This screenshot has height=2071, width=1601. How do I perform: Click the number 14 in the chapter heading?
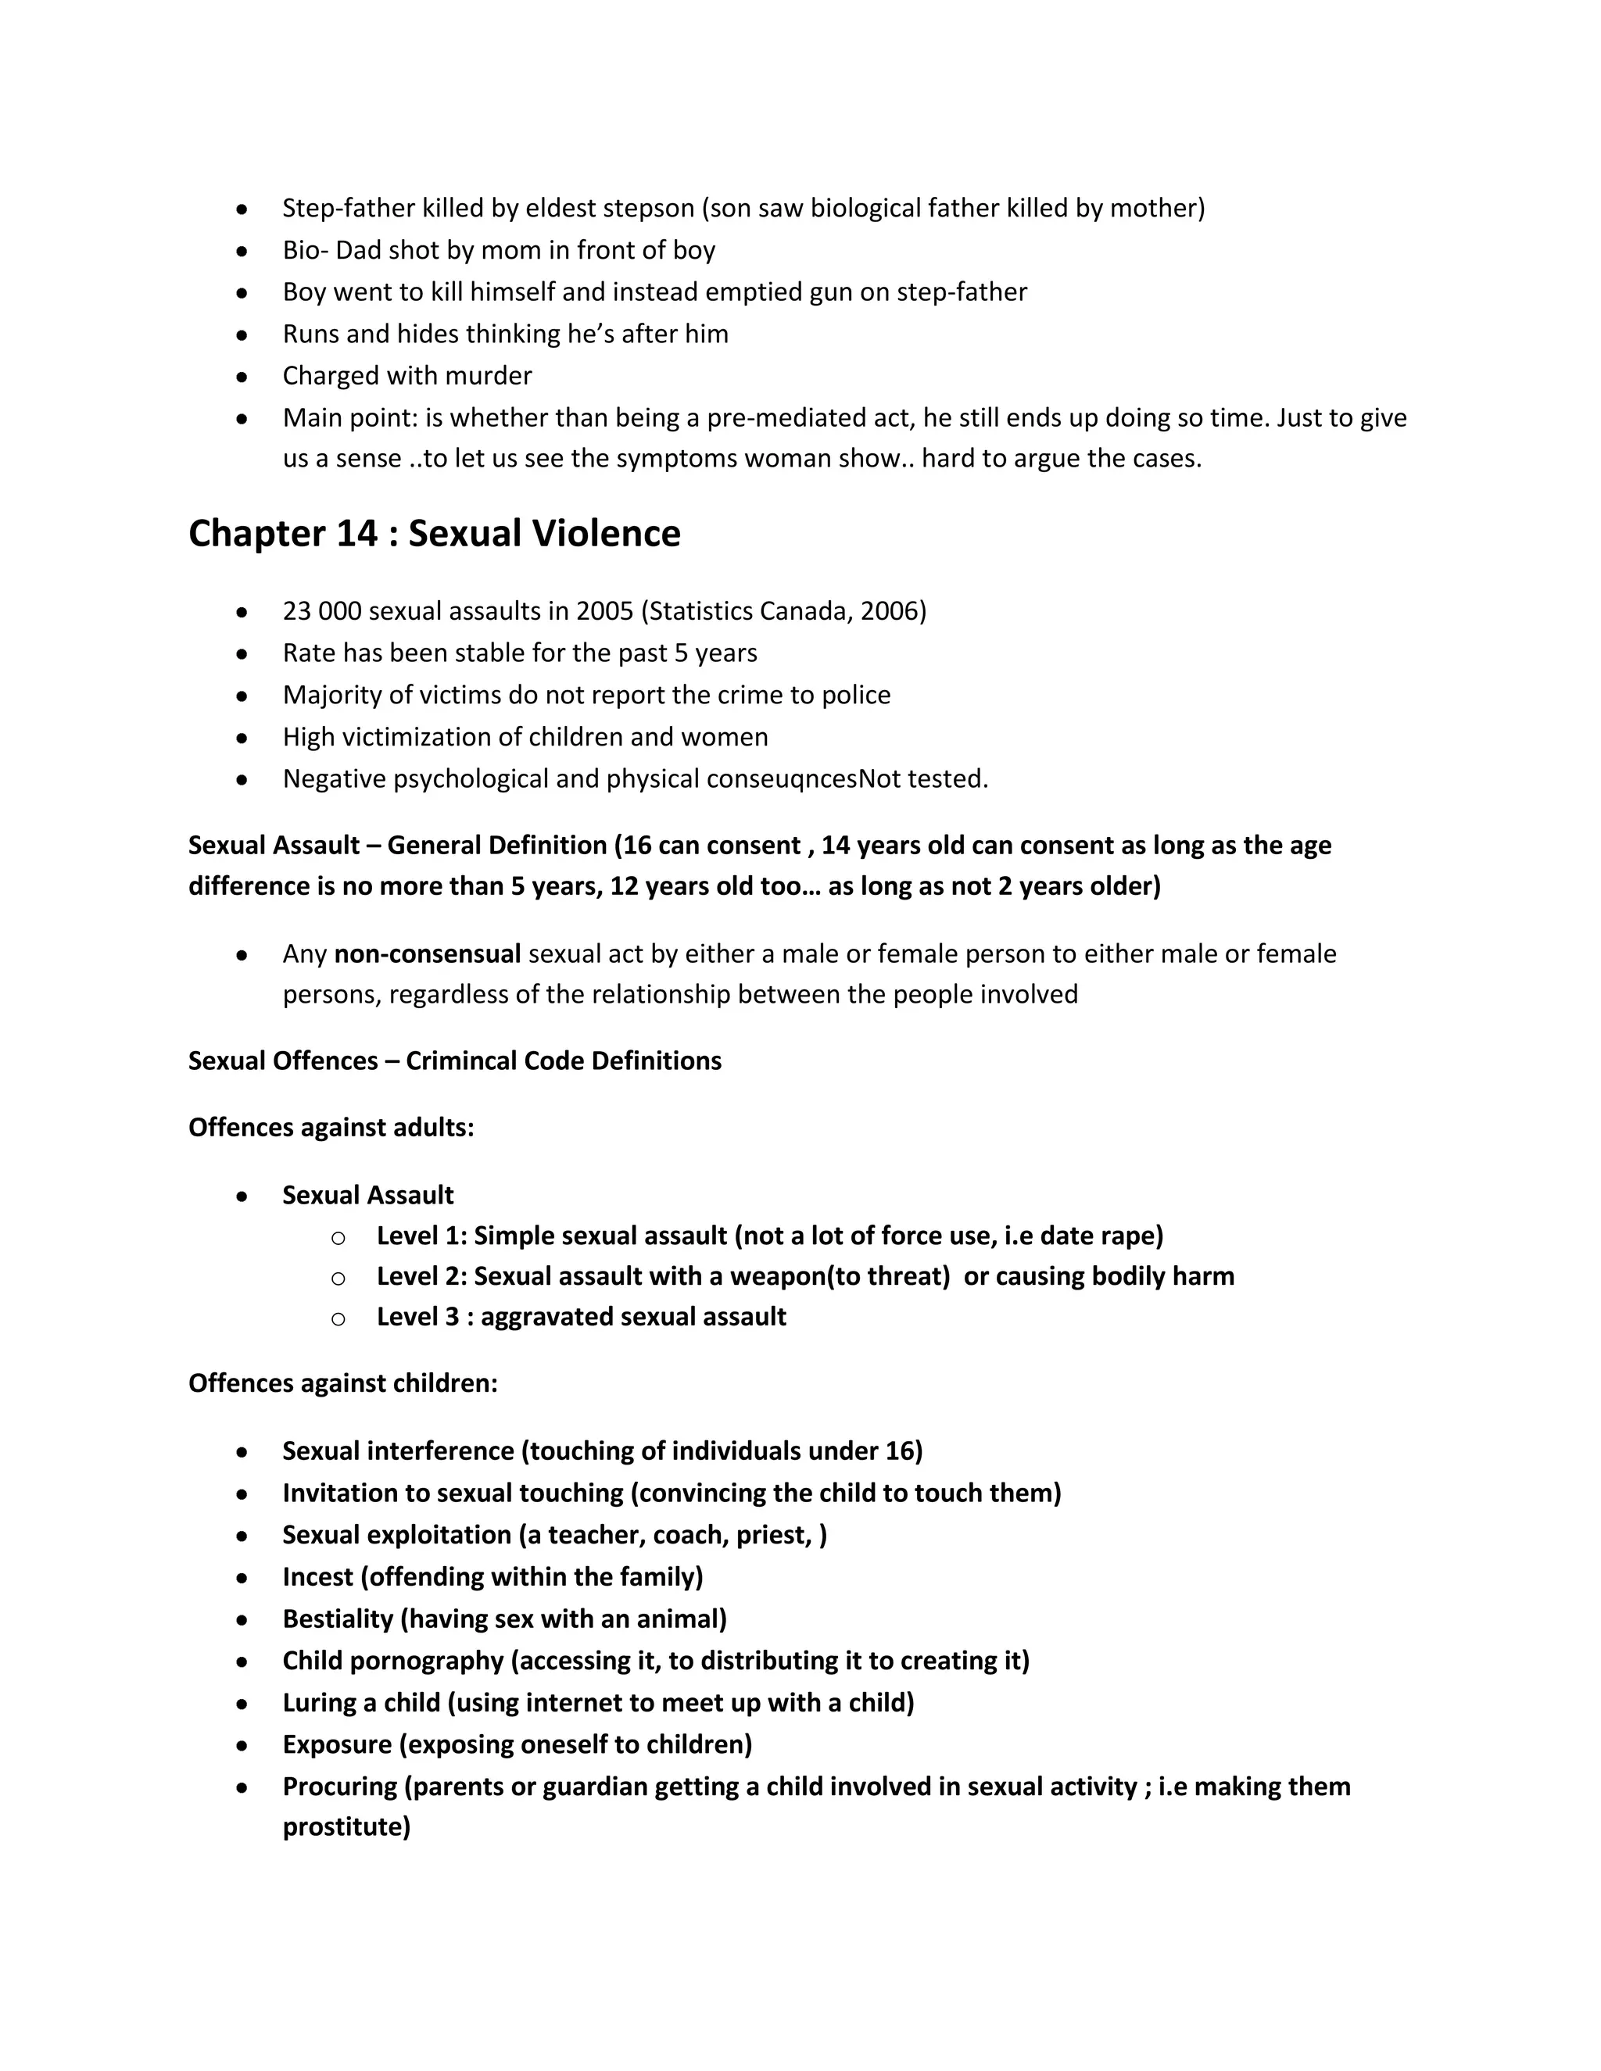(x=356, y=534)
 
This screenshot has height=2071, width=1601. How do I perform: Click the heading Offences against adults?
(x=331, y=1128)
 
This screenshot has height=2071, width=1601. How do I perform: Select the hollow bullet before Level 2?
(x=338, y=1279)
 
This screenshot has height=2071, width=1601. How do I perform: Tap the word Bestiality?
(x=338, y=1619)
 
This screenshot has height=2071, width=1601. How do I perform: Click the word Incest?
(x=317, y=1577)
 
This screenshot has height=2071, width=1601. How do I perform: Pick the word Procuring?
(x=339, y=1787)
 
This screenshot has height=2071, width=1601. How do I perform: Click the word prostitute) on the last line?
(x=346, y=1827)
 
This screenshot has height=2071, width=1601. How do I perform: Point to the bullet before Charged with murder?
(x=243, y=377)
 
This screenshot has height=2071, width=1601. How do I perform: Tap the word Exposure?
(x=337, y=1745)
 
